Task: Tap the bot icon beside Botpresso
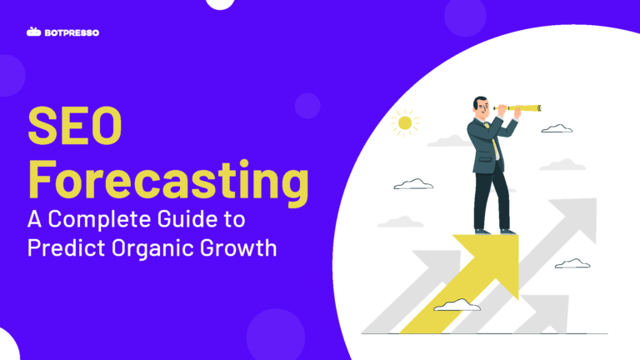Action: [33, 32]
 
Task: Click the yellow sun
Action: [405, 123]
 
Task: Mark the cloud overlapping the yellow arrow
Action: [457, 305]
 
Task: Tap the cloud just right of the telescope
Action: [557, 128]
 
